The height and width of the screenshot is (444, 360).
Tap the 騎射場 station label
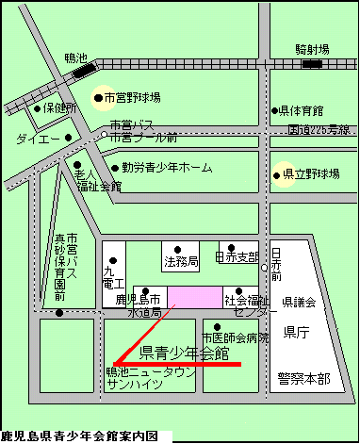311,48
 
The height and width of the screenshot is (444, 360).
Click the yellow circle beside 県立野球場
280,174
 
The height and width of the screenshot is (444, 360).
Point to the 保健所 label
58,108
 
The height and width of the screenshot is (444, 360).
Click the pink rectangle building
193,295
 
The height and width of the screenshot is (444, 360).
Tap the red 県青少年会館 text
185,354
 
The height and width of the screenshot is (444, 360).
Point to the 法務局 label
180,259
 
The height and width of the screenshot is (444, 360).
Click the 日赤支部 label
237,256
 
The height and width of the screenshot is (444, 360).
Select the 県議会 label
304,301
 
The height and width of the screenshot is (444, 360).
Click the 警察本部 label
304,378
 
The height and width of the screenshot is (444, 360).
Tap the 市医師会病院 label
235,337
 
